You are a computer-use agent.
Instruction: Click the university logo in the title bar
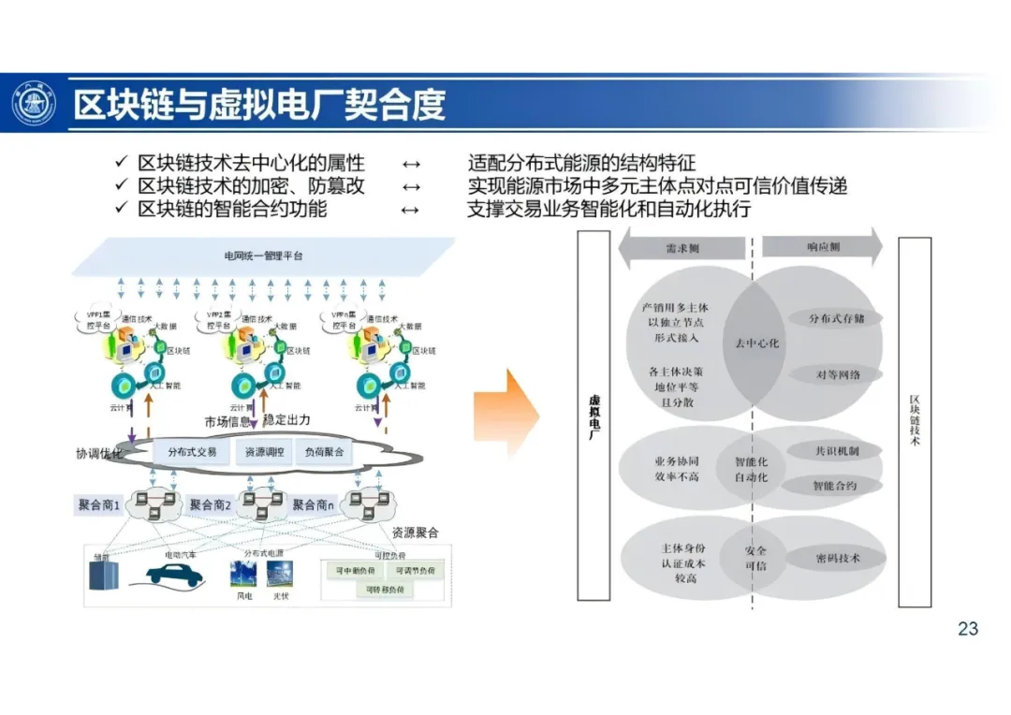pyautogui.click(x=34, y=104)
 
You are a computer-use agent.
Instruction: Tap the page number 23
pyautogui.click(x=968, y=629)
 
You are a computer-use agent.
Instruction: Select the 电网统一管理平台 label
pyautogui.click(x=263, y=255)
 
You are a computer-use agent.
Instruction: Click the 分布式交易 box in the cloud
pyautogui.click(x=192, y=452)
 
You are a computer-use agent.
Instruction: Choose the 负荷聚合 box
pyautogui.click(x=324, y=452)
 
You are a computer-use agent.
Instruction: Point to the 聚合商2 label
pyautogui.click(x=211, y=505)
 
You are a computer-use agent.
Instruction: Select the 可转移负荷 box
pyautogui.click(x=386, y=590)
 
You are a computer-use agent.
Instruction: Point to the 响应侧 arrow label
pyautogui.click(x=823, y=247)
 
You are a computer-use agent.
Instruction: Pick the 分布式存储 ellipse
pyautogui.click(x=836, y=318)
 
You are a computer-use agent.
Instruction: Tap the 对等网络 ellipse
pyautogui.click(x=836, y=374)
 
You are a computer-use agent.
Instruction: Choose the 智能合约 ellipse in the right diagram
pyautogui.click(x=834, y=486)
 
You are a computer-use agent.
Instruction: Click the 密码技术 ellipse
pyautogui.click(x=836, y=559)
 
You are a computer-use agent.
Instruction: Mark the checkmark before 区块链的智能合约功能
pyautogui.click(x=121, y=209)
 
